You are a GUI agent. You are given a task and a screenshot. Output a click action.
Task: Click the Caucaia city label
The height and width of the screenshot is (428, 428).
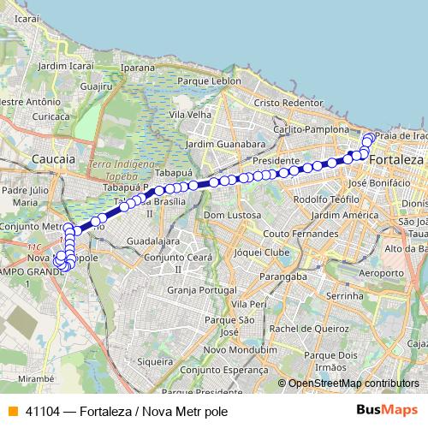click(x=53, y=159)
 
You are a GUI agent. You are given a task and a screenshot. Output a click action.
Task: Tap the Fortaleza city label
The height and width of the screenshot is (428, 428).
click(x=396, y=160)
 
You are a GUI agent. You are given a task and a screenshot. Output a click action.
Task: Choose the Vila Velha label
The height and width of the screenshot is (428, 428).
click(x=191, y=114)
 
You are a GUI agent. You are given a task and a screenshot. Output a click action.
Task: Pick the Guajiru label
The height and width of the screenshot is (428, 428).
click(x=96, y=86)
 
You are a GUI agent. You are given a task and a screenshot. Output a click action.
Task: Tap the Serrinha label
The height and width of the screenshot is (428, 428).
click(x=345, y=295)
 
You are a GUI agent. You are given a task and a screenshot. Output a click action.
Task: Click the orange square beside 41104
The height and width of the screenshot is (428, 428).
click(x=12, y=411)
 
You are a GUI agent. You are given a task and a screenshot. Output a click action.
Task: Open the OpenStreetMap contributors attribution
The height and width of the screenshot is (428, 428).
click(x=354, y=383)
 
